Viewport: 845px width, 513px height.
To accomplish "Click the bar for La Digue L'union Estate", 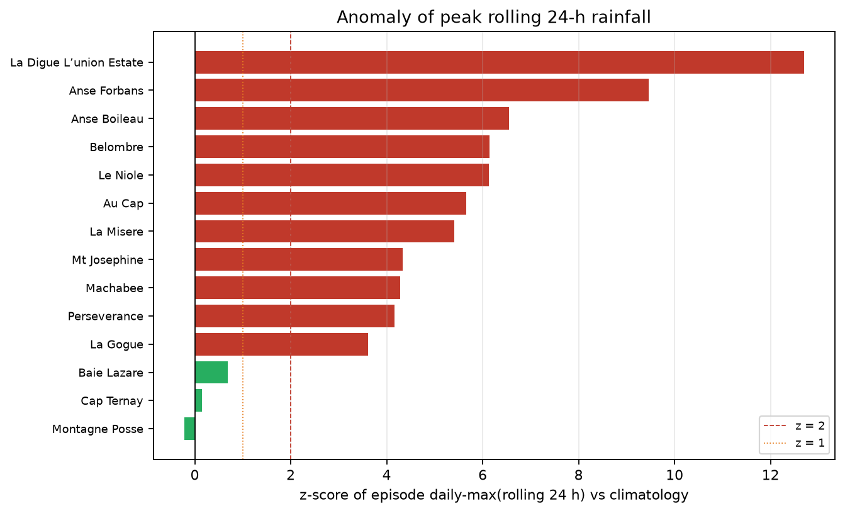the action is (500, 62).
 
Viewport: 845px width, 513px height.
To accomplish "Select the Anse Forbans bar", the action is (422, 90).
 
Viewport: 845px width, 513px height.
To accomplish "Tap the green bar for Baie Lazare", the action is (211, 373).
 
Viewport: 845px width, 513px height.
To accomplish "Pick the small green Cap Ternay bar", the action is (198, 400).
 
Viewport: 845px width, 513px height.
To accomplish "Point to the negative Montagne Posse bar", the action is (190, 429).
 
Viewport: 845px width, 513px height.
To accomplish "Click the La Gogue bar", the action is (281, 344).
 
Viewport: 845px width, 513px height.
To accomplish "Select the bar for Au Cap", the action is (330, 203).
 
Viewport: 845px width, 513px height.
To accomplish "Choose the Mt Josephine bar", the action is (299, 259).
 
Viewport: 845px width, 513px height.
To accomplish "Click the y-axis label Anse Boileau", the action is (108, 119).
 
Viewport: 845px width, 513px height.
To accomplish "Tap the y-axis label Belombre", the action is (116, 147).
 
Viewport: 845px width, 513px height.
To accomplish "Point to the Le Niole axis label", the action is (121, 175).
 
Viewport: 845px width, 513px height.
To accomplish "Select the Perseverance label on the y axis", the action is (106, 317).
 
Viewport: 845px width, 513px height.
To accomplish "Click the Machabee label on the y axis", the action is (115, 288).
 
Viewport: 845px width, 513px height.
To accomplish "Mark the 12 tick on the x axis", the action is (770, 475).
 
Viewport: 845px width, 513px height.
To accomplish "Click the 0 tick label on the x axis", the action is (194, 475).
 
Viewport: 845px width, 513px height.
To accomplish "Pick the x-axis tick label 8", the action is (578, 475).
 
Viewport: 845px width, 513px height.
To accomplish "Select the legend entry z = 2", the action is (794, 426).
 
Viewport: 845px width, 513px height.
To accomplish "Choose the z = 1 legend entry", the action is (794, 443).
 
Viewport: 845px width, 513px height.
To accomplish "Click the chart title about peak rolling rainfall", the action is (494, 17).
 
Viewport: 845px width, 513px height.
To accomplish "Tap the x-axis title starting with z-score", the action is (494, 495).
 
